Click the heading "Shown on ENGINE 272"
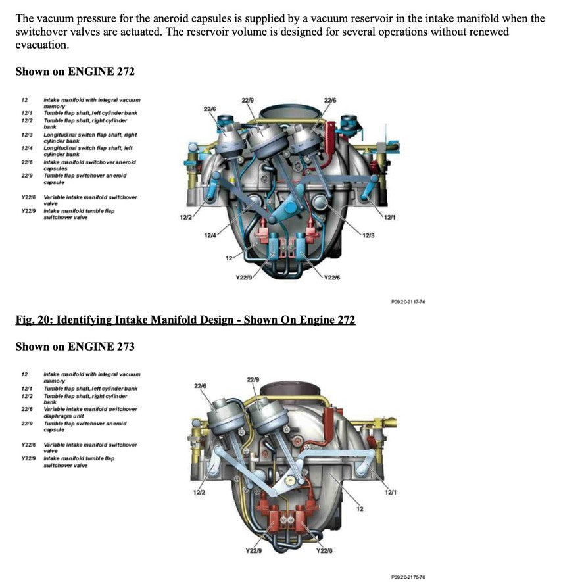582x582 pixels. tap(75, 71)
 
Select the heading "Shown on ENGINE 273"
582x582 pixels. tap(75, 346)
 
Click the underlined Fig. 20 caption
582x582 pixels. tap(185, 320)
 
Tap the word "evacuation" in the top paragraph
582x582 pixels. tap(41, 45)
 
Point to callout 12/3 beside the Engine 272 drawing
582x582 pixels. tap(368, 235)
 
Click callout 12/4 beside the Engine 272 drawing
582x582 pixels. tap(210, 235)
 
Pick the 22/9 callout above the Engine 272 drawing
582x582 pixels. tap(247, 100)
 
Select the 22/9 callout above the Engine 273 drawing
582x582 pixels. tap(253, 379)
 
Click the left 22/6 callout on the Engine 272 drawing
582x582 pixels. tap(210, 109)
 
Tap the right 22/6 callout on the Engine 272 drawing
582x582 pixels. tap(330, 100)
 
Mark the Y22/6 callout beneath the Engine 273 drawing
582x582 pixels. tap(324, 550)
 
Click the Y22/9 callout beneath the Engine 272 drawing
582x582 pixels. tap(244, 278)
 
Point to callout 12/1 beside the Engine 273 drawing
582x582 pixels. tap(390, 491)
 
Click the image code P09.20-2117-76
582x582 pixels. tap(408, 302)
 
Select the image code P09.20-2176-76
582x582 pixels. tap(408, 576)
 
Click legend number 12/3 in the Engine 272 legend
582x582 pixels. tap(27, 135)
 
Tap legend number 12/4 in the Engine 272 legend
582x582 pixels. tap(27, 148)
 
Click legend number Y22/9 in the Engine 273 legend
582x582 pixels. tap(28, 458)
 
